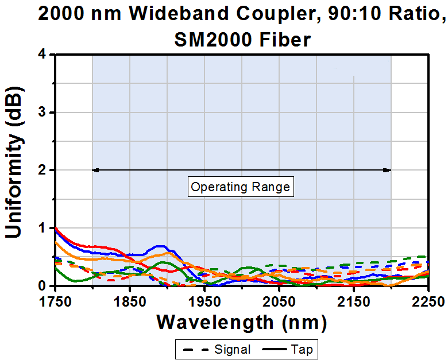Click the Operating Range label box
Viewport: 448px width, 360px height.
pos(241,187)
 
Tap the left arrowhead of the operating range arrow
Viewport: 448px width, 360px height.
pos(95,170)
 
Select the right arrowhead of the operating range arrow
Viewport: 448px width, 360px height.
pos(388,170)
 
